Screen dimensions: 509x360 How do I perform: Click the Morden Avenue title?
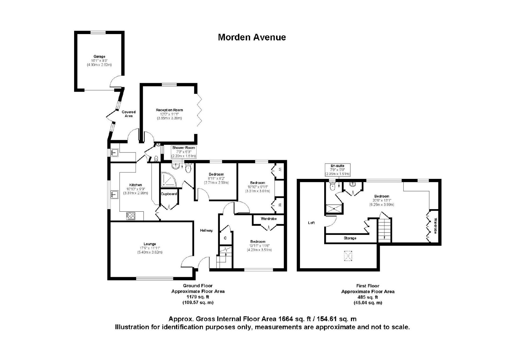point(252,37)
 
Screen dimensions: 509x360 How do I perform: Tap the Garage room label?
point(99,56)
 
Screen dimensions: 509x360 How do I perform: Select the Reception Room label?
point(169,110)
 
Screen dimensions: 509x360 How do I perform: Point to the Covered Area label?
point(129,114)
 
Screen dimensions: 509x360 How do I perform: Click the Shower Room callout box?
point(184,152)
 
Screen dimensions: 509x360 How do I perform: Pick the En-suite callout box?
point(338,170)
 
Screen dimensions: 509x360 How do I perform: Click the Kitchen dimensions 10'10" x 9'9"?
point(136,189)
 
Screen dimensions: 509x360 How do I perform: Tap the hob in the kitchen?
point(131,216)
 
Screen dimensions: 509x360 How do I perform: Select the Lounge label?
point(150,244)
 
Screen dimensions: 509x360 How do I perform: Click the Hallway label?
point(206,230)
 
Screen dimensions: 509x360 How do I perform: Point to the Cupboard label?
point(169,194)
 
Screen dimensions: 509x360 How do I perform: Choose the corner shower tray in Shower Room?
point(169,180)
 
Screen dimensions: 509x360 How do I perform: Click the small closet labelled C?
point(226,238)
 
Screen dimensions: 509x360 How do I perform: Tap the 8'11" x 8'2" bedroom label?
point(216,179)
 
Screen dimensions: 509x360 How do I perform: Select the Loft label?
point(311,222)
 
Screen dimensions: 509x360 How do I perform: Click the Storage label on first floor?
point(350,238)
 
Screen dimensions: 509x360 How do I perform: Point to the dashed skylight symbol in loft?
point(348,256)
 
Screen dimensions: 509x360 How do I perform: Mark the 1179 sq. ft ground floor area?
point(198,297)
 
